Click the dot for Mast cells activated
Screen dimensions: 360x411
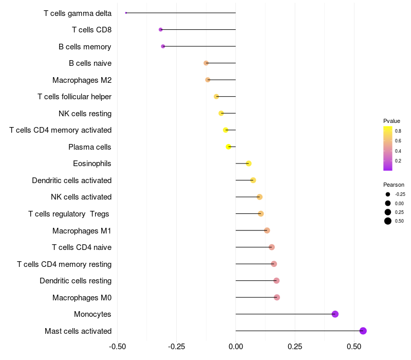[x=363, y=331]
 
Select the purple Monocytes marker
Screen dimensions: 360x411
[x=335, y=314]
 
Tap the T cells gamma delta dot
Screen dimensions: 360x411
[x=126, y=13]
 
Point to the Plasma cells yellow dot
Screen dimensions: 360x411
[x=229, y=147]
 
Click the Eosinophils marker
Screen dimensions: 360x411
[x=249, y=164]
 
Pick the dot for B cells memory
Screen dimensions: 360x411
[x=163, y=46]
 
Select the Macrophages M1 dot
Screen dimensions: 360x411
[x=267, y=230]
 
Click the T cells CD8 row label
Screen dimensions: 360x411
[x=91, y=30]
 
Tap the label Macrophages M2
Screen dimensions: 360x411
[x=82, y=80]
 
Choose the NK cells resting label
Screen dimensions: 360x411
[x=85, y=114]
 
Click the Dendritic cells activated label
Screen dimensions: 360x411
[x=71, y=181]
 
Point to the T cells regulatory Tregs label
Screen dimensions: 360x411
[x=69, y=214]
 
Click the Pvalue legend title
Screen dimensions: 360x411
[x=391, y=121]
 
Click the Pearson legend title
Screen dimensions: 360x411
[x=394, y=185]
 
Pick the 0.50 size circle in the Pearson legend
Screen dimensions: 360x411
[x=388, y=221]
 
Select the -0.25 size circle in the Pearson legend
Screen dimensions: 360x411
[x=388, y=194]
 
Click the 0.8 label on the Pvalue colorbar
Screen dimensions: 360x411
[x=398, y=131]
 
